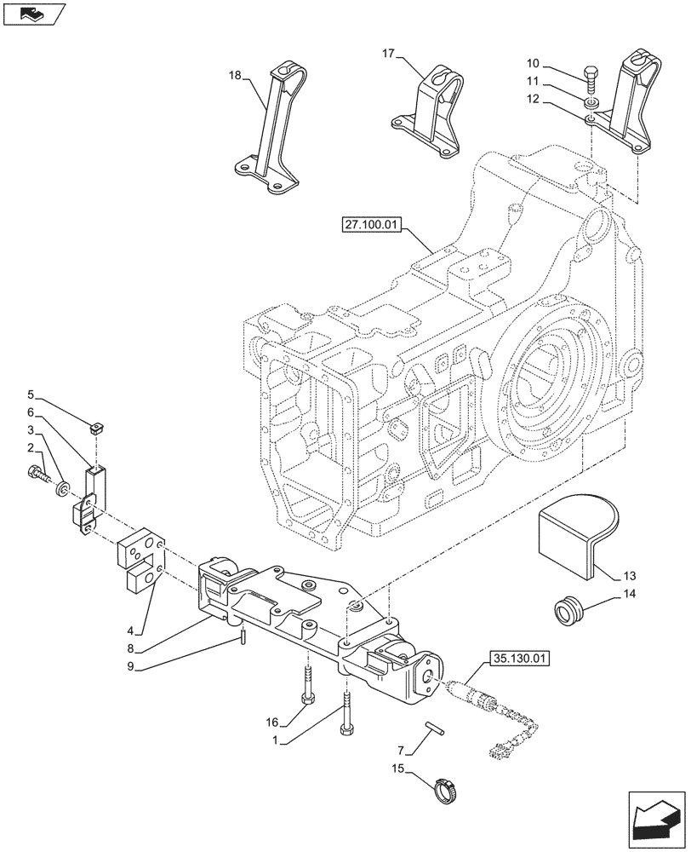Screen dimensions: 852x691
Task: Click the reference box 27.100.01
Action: tap(372, 227)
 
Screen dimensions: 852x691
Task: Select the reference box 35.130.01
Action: tap(518, 658)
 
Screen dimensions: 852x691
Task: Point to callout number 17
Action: tap(388, 55)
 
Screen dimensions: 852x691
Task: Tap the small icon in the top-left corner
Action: tap(33, 14)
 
